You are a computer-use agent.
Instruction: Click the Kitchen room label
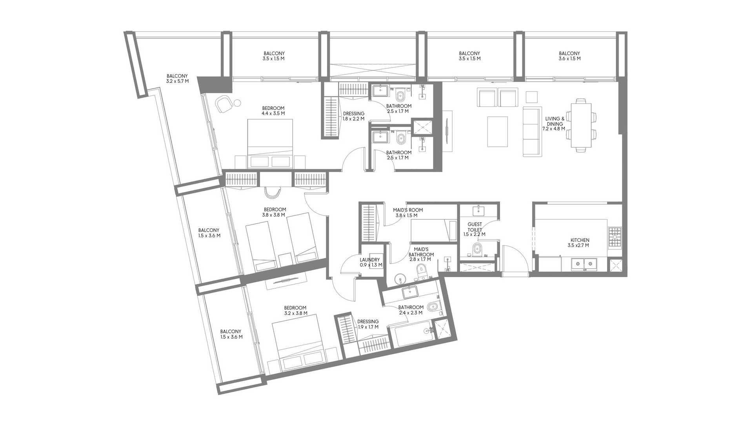tap(580, 243)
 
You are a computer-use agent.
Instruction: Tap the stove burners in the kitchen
tap(615, 237)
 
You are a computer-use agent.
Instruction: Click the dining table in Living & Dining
tap(582, 125)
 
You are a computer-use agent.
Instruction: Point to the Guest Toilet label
tap(475, 229)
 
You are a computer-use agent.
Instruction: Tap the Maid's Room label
tap(408, 213)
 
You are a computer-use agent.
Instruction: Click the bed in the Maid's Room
tap(433, 230)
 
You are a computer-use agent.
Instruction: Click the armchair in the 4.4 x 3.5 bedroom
tap(224, 104)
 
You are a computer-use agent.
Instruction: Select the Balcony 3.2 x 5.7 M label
tap(177, 79)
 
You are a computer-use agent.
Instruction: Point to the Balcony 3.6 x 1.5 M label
tap(569, 56)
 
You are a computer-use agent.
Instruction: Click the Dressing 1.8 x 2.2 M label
tap(354, 116)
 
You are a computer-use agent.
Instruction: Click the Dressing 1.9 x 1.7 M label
tap(368, 324)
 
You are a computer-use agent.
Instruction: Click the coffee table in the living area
tap(498, 132)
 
